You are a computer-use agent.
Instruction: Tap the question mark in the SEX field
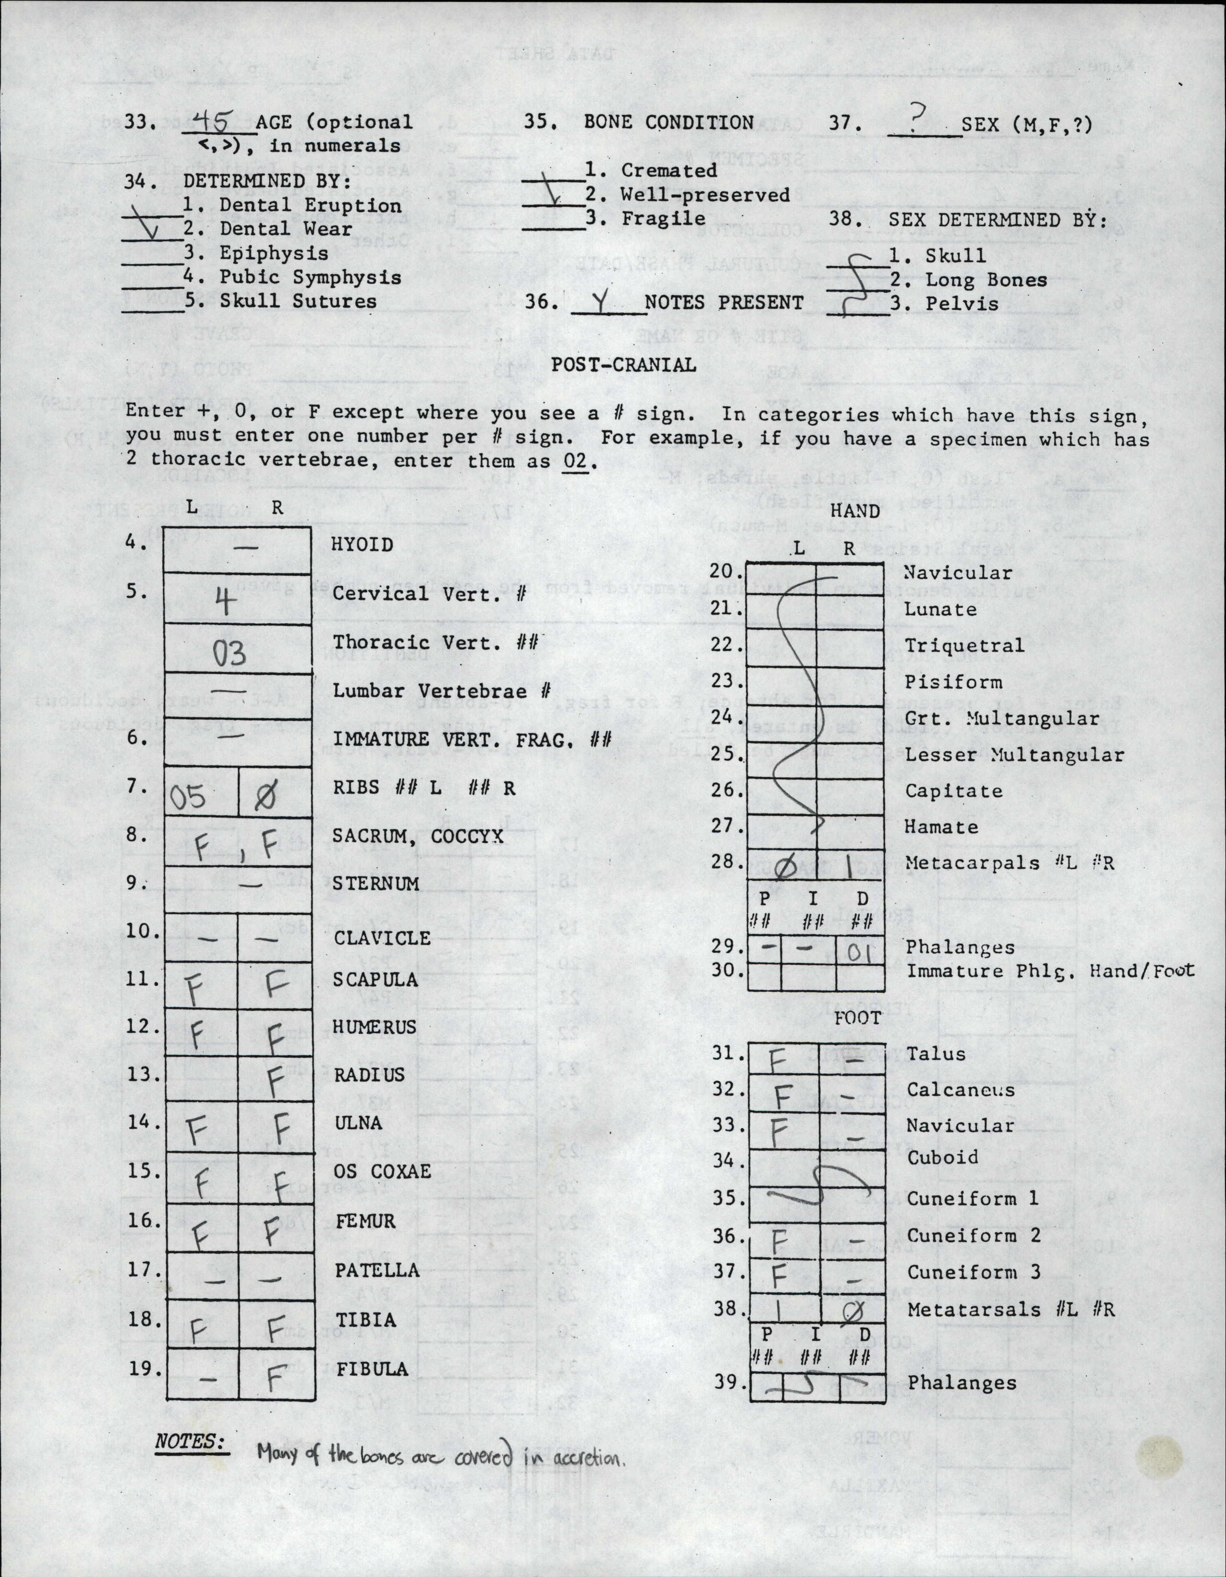click(917, 117)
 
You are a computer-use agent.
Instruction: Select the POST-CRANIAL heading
click(624, 365)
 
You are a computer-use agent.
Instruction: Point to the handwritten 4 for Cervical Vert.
click(225, 601)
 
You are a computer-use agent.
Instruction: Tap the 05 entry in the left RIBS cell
click(189, 797)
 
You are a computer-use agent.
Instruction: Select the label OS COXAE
click(383, 1171)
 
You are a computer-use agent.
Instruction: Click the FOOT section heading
click(858, 1018)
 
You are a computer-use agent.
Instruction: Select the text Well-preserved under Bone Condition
click(705, 195)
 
